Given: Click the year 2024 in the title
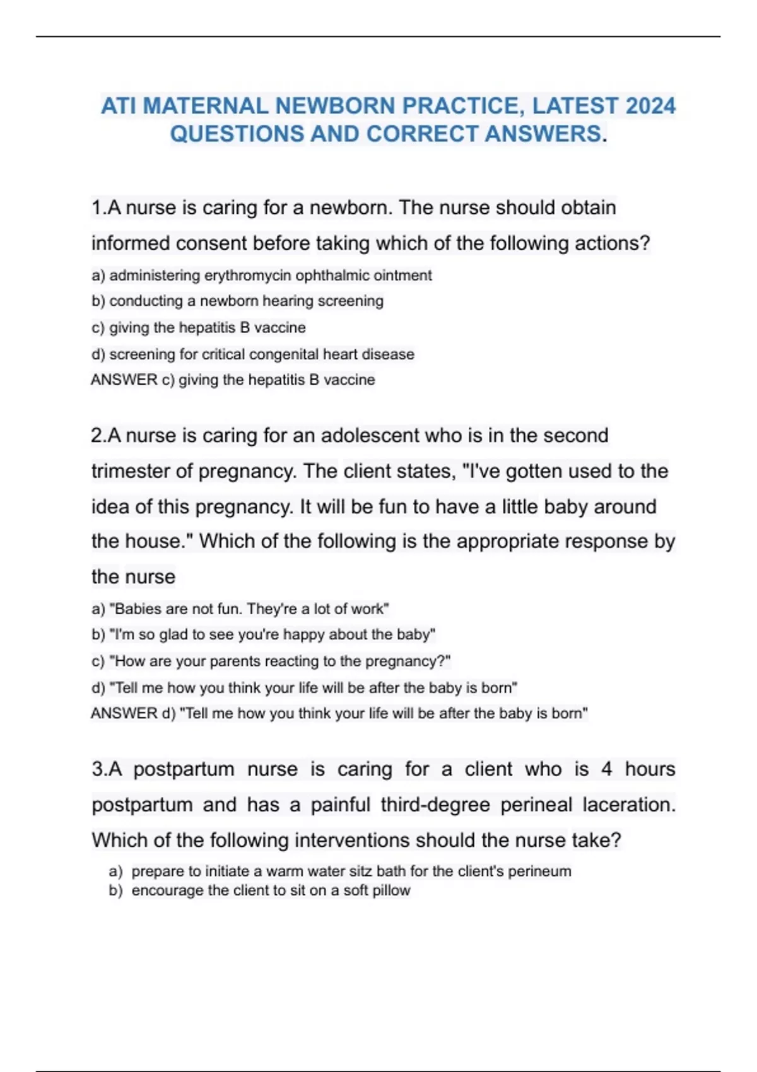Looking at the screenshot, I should pyautogui.click(x=649, y=106).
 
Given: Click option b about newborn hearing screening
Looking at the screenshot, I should pyautogui.click(x=237, y=301).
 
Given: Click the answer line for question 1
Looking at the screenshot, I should pyautogui.click(x=233, y=380).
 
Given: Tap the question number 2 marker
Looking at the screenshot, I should pyautogui.click(x=98, y=436).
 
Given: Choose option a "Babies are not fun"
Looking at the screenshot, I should pyautogui.click(x=240, y=609).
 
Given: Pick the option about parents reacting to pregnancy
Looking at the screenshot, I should pyautogui.click(x=271, y=661).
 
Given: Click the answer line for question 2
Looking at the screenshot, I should pyautogui.click(x=339, y=714).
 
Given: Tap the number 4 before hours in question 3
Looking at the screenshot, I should pyautogui.click(x=606, y=769).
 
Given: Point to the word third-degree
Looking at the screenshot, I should pyautogui.click(x=435, y=805).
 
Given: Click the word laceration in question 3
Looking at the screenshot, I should pyautogui.click(x=628, y=805).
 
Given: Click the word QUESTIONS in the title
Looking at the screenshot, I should pyautogui.click(x=237, y=134).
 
